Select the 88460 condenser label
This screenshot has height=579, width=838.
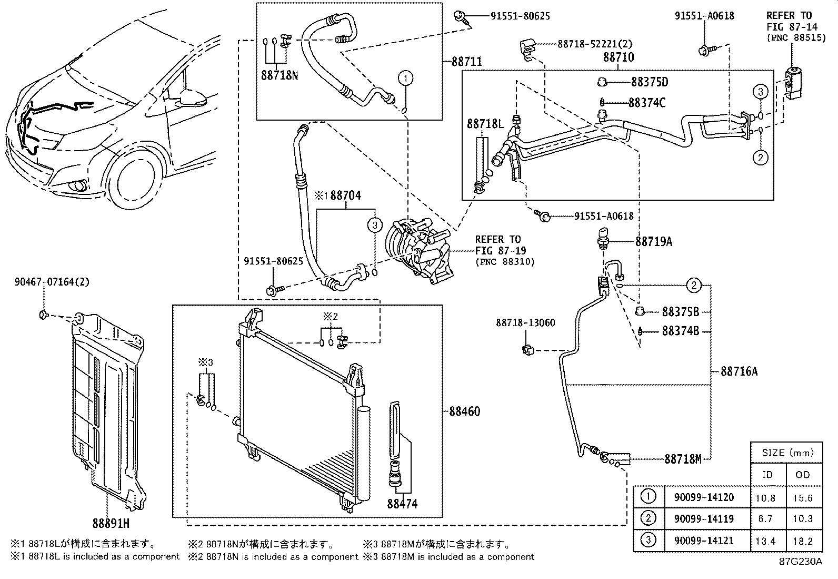pos(465,411)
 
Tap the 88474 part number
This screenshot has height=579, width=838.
pos(402,504)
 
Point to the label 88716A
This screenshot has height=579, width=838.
pos(739,372)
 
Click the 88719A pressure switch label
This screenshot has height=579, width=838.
pos(653,242)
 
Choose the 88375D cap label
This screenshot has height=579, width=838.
pos(649,82)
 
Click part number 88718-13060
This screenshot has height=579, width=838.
pos(525,322)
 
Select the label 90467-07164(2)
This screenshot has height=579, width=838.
pos(52,282)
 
